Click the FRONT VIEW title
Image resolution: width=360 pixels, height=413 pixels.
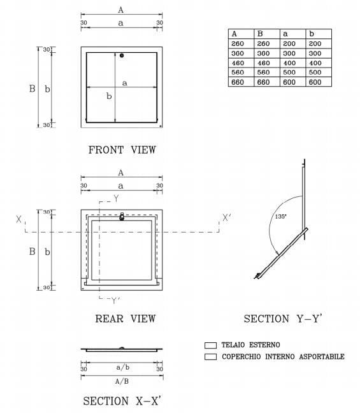(122, 150)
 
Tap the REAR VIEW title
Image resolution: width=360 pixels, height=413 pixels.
(125, 318)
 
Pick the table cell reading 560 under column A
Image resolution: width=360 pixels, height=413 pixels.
(238, 73)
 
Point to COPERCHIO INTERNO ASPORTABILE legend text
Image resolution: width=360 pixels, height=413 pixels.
(283, 356)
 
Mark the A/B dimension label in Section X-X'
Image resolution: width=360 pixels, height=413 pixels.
(122, 381)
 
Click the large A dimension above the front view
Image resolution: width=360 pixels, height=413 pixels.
(121, 10)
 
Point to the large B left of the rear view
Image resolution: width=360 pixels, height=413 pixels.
(32, 251)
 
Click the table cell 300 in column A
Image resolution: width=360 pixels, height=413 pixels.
(238, 54)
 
